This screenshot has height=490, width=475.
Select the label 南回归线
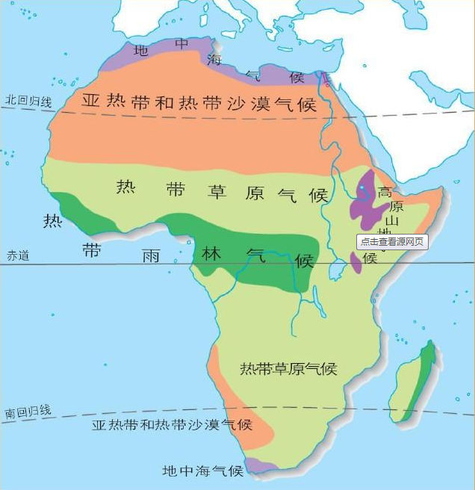point(28,411)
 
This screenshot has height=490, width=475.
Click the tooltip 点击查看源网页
point(392,241)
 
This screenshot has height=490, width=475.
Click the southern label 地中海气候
point(203,471)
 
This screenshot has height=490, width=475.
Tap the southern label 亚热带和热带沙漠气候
point(172,424)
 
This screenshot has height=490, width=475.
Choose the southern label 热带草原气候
point(288,369)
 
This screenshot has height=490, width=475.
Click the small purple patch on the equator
point(356,262)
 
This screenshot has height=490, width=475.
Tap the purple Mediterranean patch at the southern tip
point(261,465)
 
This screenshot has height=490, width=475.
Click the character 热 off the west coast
point(52,221)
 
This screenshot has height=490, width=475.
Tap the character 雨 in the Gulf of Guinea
point(150,256)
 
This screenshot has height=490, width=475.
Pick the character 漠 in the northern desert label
point(261,103)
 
